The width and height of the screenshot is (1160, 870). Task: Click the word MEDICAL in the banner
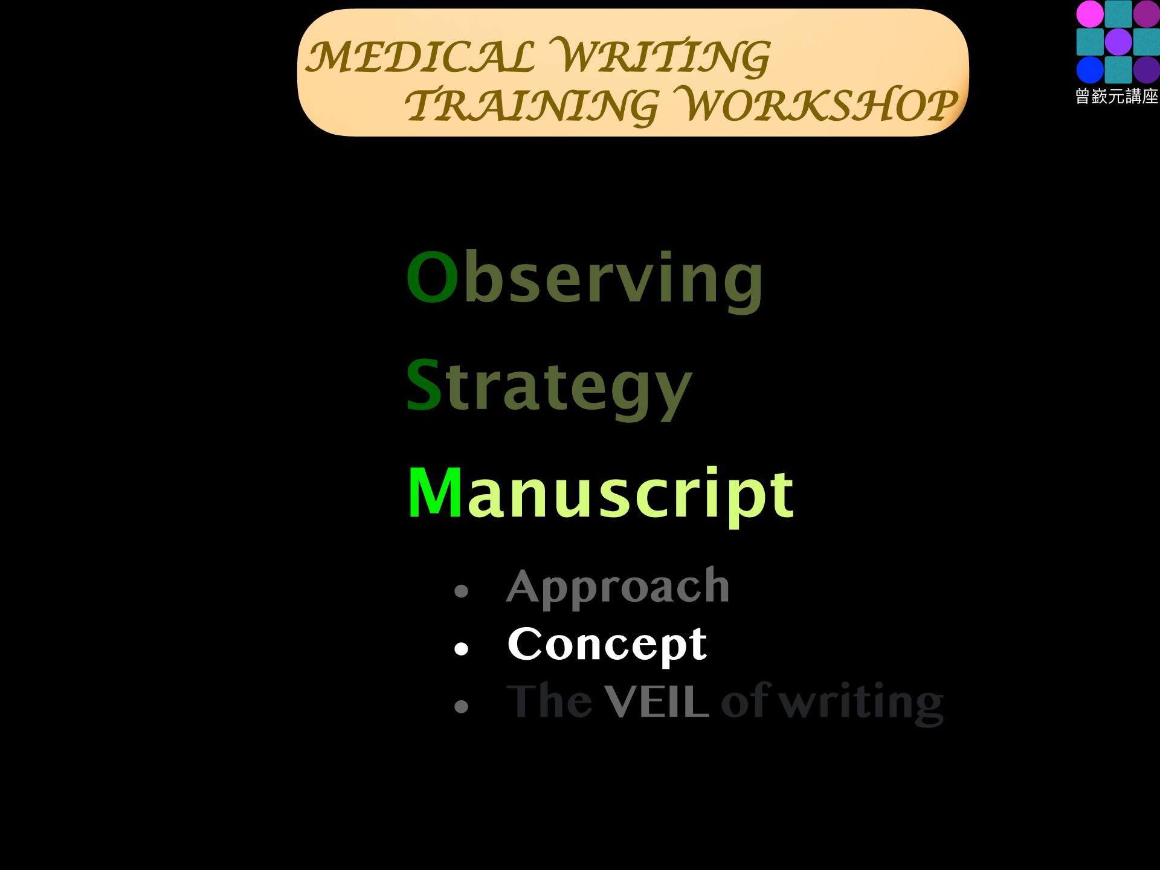point(420,56)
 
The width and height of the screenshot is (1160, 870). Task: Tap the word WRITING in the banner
point(662,57)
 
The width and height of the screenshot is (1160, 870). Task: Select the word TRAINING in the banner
point(530,105)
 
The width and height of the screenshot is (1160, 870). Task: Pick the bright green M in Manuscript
point(435,492)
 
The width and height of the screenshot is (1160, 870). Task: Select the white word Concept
point(607,645)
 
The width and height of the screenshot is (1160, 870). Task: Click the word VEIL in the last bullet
point(657,702)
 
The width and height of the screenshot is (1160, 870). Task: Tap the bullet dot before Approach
point(461,590)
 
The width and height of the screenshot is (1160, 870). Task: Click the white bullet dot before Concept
point(461,649)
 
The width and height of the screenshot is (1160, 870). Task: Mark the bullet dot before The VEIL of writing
point(461,706)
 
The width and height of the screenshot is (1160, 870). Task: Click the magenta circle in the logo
point(1090,14)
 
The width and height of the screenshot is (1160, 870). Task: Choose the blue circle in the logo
point(1090,69)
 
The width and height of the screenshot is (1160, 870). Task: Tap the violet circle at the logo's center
point(1118,42)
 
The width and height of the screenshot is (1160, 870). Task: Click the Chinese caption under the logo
point(1116,97)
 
